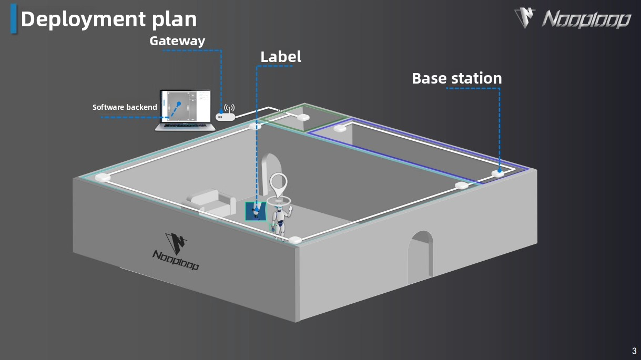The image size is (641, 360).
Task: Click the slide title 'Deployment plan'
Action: click(108, 19)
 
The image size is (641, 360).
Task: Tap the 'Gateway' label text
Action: click(177, 40)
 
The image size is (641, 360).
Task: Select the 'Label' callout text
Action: click(281, 57)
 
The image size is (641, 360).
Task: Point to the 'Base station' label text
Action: click(456, 78)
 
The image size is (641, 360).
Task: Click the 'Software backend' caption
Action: click(125, 107)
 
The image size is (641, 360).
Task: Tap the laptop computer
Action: click(186, 111)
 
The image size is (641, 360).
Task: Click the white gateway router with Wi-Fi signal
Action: click(226, 115)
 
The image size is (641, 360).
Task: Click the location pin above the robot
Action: click(279, 183)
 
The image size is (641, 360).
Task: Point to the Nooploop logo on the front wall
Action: click(176, 251)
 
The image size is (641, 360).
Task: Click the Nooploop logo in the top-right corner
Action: click(573, 19)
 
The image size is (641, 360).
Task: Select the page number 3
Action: click(634, 351)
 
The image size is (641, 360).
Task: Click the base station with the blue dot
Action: click(497, 172)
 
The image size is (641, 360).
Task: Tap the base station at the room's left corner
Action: click(103, 177)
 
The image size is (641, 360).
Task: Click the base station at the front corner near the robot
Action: click(295, 240)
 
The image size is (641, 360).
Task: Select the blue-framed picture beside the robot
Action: click(256, 211)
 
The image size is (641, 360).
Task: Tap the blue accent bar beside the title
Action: click(14, 19)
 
